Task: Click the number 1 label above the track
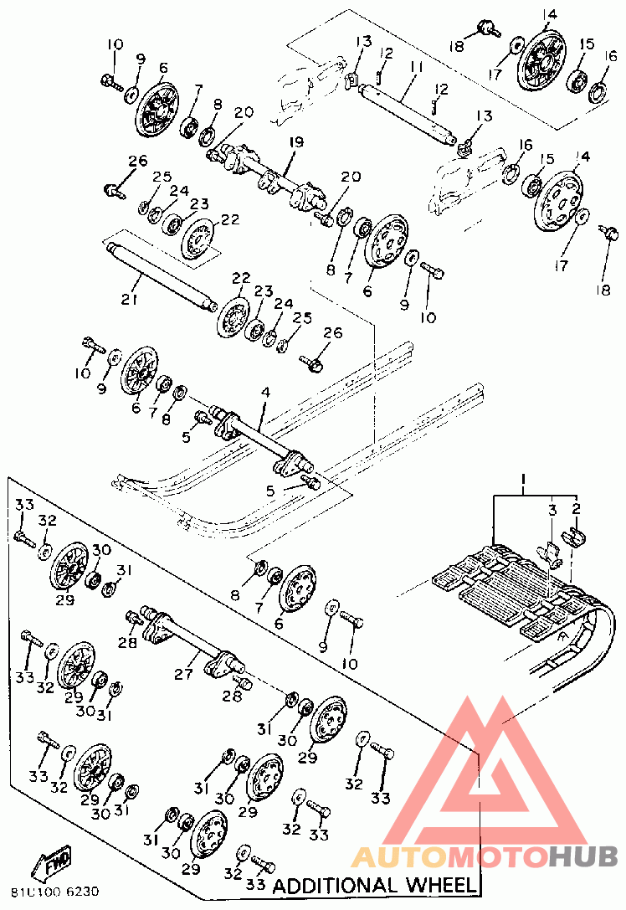(522, 482)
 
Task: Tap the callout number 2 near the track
(576, 508)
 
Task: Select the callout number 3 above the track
(552, 508)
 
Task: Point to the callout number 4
(265, 392)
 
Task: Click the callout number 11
(416, 66)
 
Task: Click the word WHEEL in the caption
(439, 885)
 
